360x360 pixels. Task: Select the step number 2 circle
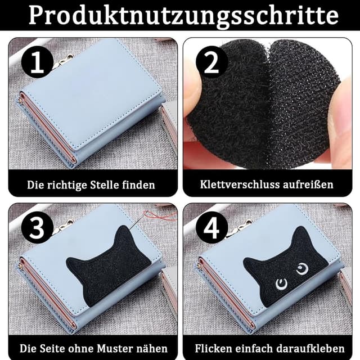[x=212, y=63]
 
